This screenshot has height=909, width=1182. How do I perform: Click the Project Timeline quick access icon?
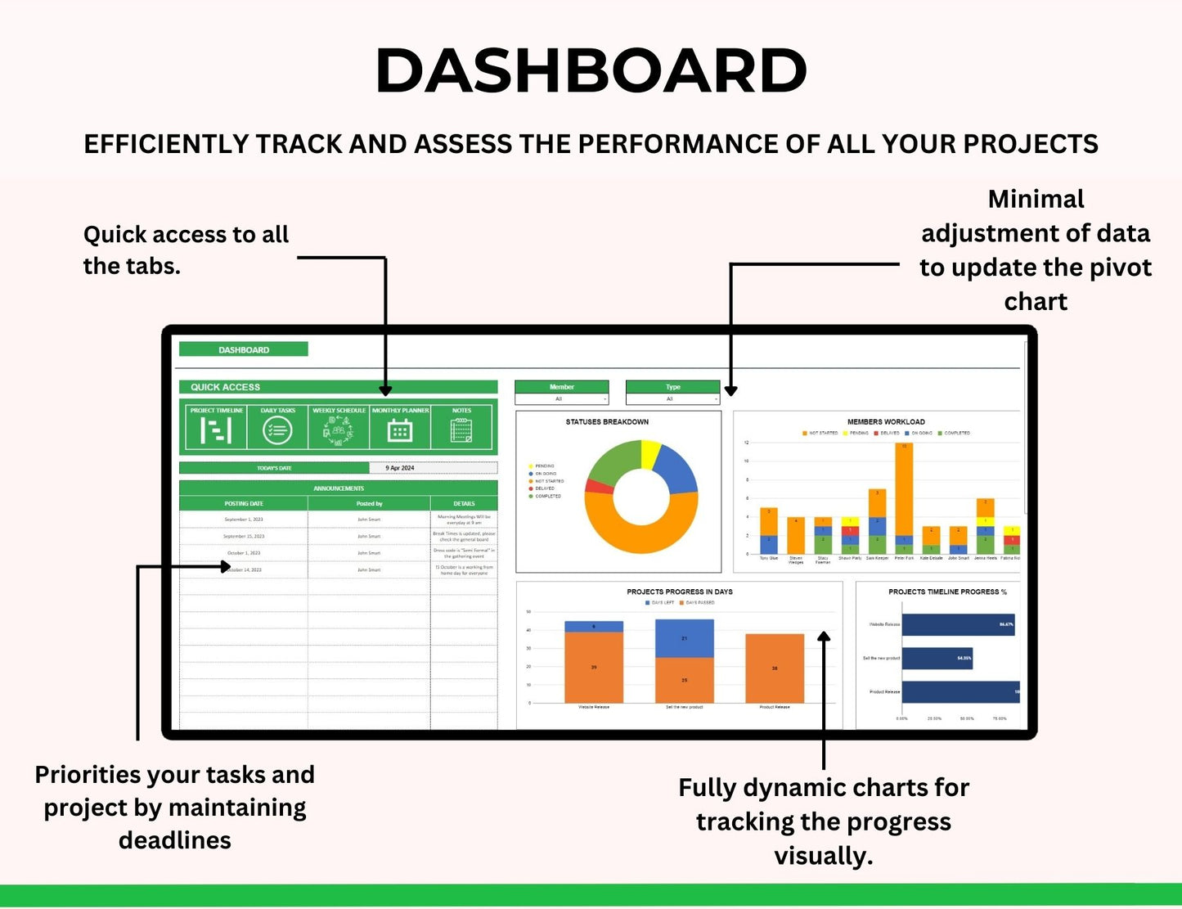216,430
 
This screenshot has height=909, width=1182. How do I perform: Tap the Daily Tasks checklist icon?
277,430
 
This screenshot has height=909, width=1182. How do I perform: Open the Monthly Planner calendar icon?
399,430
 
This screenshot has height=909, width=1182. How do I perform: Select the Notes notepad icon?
461,430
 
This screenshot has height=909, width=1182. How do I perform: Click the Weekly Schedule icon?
339,430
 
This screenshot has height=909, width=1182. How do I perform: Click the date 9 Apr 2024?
400,468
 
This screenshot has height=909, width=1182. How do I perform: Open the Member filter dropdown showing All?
562,399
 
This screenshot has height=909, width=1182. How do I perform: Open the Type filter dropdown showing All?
672,399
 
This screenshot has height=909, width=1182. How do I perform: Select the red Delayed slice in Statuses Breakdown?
599,487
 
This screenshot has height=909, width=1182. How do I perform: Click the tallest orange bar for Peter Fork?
904,491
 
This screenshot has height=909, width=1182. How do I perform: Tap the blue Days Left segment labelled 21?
684,638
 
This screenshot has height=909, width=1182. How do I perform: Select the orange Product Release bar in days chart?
775,668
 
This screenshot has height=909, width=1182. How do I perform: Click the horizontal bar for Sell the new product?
937,658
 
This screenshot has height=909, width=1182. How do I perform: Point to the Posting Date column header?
244,504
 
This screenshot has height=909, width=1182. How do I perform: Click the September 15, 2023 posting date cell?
244,536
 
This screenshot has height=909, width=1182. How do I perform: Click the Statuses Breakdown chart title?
607,422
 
